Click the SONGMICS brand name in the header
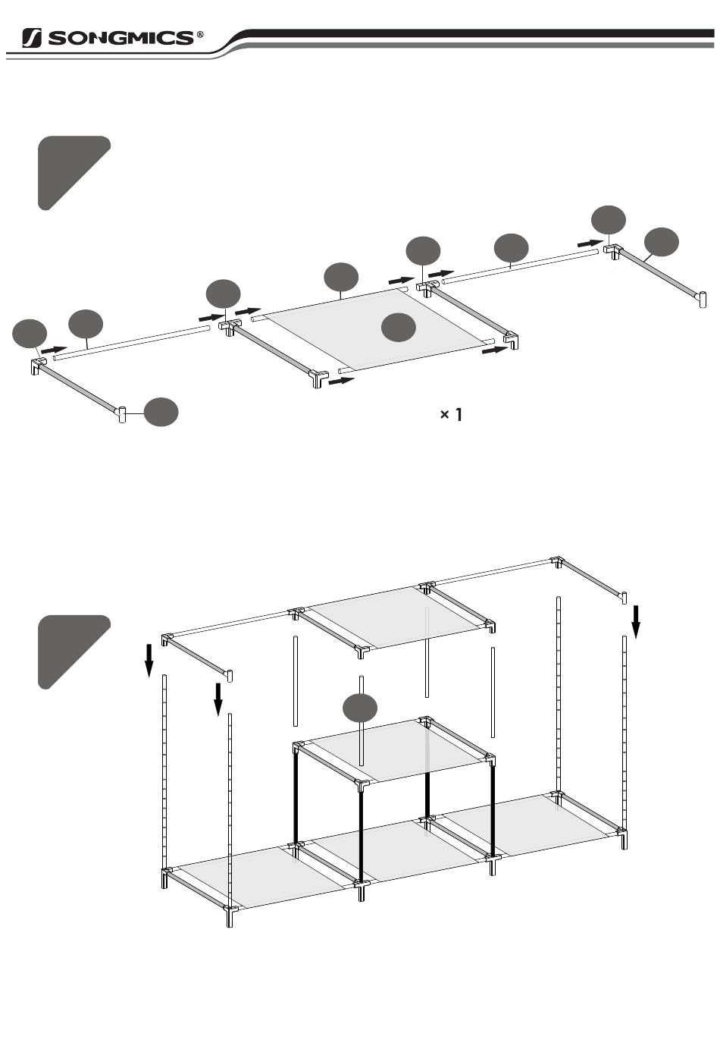pyautogui.click(x=121, y=38)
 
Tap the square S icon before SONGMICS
pyautogui.click(x=32, y=38)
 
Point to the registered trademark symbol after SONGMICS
pyautogui.click(x=200, y=35)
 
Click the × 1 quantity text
pyautogui.click(x=451, y=414)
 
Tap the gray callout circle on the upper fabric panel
pyautogui.click(x=398, y=327)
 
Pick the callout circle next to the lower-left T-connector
pyautogui.click(x=161, y=412)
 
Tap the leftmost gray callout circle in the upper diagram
pyautogui.click(x=30, y=334)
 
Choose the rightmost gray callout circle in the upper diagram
pyautogui.click(x=661, y=241)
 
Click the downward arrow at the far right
pyautogui.click(x=636, y=621)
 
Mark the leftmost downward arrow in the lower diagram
pyautogui.click(x=149, y=659)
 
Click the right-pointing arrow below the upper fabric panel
pyautogui.click(x=341, y=380)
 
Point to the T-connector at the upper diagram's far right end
pyautogui.click(x=701, y=298)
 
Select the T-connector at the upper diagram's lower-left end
pyautogui.click(x=122, y=413)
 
